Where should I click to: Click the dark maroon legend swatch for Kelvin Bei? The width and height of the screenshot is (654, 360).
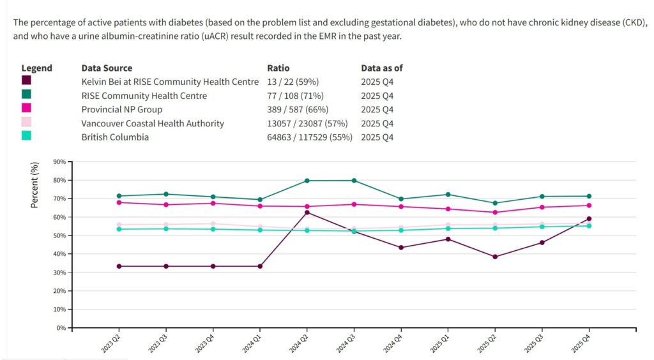(26, 80)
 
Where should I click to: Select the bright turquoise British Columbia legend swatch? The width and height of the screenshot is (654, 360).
(26, 135)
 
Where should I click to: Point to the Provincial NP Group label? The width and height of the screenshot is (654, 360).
(121, 110)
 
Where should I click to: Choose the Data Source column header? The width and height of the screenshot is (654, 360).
(107, 68)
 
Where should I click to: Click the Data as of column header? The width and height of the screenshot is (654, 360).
(382, 68)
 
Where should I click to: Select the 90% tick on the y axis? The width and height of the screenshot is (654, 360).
(59, 162)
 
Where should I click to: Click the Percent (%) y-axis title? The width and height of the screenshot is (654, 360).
(35, 185)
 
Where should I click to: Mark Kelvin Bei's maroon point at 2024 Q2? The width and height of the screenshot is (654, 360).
(307, 213)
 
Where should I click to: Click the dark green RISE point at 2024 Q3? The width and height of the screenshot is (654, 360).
(354, 181)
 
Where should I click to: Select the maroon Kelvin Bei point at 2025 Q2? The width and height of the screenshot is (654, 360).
(495, 257)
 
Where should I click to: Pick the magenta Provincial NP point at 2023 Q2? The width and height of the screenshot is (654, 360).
(119, 202)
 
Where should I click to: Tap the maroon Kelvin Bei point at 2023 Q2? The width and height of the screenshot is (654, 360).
(119, 266)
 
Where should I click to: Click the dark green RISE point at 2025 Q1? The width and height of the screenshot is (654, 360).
(448, 194)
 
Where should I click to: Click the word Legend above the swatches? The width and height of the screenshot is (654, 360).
(37, 68)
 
